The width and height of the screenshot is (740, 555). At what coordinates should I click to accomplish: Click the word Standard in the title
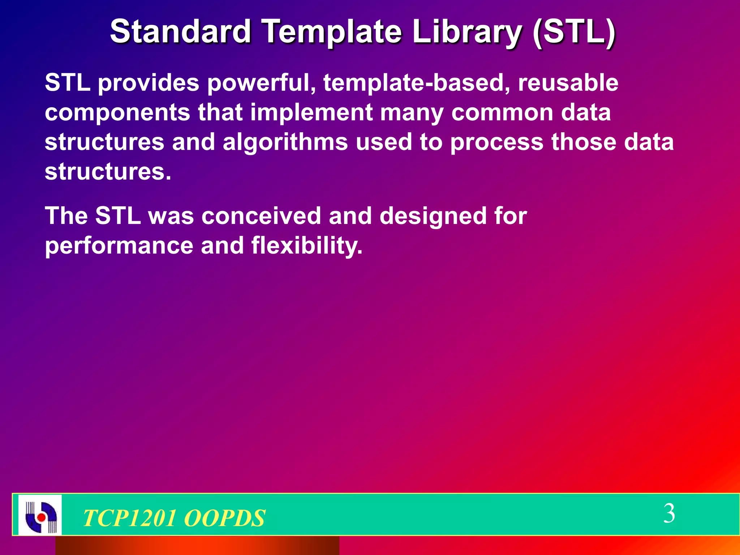[180, 31]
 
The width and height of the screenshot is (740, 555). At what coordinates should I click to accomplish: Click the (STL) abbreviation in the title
[574, 31]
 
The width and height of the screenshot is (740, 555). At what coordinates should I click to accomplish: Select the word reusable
[568, 83]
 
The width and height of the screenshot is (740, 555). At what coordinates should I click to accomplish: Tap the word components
[117, 113]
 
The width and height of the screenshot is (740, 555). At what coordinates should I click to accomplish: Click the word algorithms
[285, 142]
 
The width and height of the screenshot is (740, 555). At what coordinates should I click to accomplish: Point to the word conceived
[261, 216]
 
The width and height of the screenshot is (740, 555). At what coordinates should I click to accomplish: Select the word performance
[119, 246]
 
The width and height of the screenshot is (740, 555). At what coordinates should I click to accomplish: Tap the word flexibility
[306, 246]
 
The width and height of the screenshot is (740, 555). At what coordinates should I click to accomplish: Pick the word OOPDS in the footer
[224, 518]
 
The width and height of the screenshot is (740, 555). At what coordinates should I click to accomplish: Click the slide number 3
[669, 513]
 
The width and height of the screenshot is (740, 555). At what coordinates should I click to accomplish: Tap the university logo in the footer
[40, 515]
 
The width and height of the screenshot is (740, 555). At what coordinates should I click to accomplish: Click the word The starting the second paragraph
[66, 216]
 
